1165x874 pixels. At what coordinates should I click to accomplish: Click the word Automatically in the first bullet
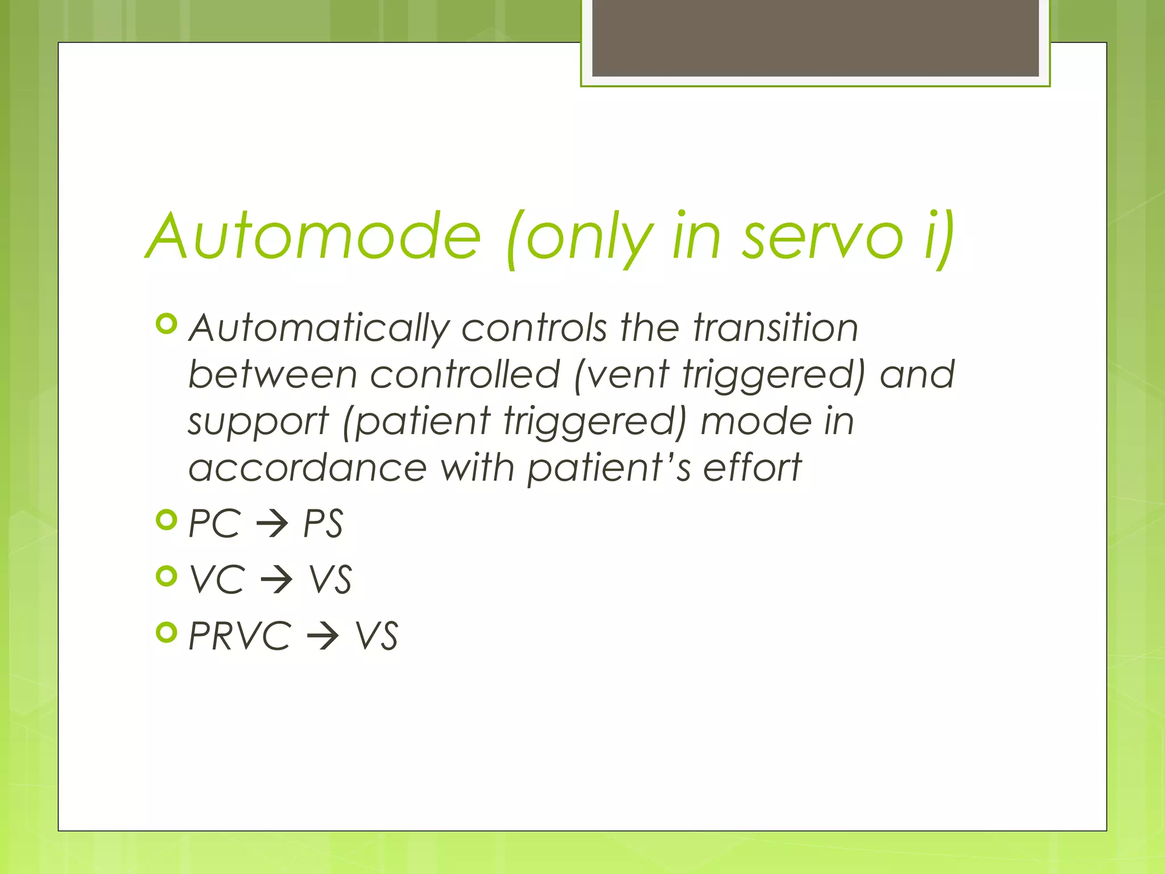click(319, 329)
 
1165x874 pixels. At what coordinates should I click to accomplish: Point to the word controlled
click(465, 374)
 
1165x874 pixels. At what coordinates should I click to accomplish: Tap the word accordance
click(307, 468)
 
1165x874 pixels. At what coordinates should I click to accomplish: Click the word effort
click(752, 468)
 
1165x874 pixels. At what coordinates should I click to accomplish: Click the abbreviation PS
click(323, 523)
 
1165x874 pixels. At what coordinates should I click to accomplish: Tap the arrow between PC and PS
click(272, 524)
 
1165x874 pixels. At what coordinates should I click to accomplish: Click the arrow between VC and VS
click(276, 580)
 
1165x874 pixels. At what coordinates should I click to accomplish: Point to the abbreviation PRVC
click(239, 636)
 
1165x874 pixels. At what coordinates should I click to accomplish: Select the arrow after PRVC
click(323, 636)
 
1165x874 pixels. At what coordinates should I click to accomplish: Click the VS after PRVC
click(377, 636)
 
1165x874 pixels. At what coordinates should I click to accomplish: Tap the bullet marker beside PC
click(167, 520)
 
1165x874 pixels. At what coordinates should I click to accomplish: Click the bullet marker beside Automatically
click(167, 324)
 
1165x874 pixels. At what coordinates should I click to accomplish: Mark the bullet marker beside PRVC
click(167, 632)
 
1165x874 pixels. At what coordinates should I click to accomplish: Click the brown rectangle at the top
click(815, 38)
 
